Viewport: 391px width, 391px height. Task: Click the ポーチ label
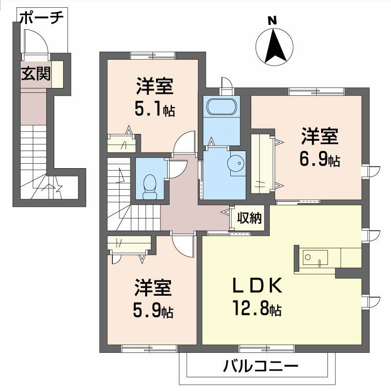42,18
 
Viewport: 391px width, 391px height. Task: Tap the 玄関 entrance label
36,74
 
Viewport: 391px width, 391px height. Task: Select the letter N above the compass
272,21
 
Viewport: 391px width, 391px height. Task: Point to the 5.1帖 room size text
154,109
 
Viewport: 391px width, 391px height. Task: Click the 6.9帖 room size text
320,160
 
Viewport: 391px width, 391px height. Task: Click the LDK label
258,285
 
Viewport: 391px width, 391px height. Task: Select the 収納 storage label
249,218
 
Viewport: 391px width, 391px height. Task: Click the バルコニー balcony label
261,366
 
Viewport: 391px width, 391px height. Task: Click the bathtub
221,107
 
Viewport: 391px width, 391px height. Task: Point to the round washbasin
237,163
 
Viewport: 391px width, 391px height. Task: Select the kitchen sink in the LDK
315,258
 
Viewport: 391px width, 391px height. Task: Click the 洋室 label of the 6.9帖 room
320,136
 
